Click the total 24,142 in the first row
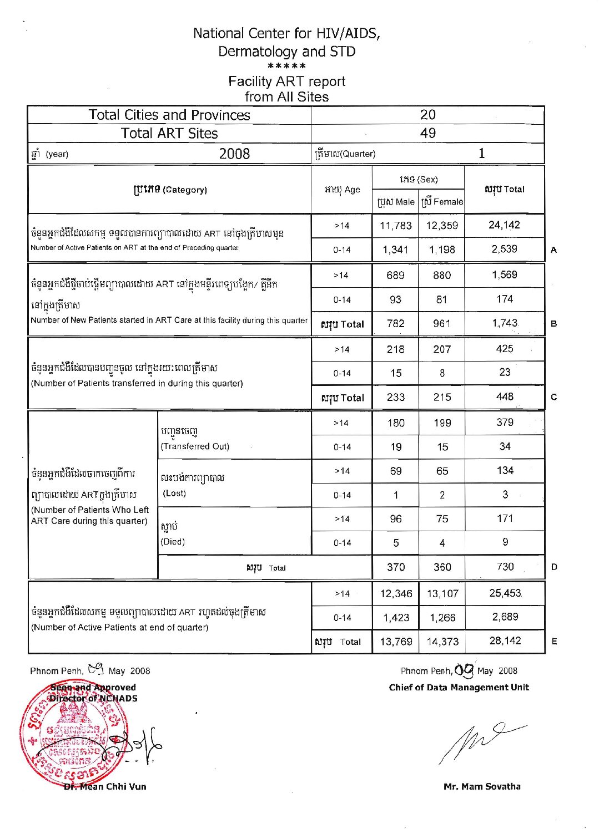point(504,225)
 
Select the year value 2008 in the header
point(234,154)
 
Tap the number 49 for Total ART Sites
point(428,133)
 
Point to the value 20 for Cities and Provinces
point(428,115)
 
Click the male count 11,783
point(395,226)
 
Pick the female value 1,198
point(442,250)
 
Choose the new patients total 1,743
point(505,323)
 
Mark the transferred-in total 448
point(505,396)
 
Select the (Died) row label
point(173,542)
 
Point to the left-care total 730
point(505,567)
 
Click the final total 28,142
point(505,640)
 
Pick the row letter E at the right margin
point(554,642)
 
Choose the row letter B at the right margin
point(554,323)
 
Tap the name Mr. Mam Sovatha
point(482,786)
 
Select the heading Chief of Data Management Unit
point(459,688)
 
